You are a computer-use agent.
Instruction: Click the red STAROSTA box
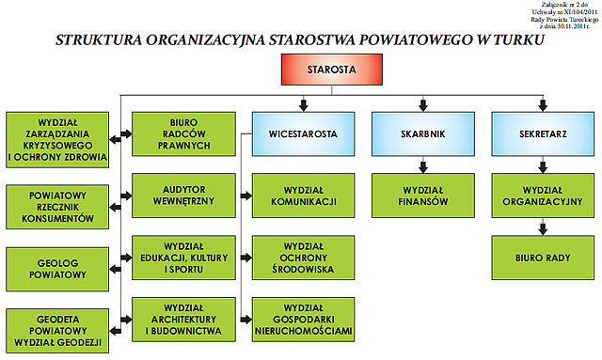point(332,70)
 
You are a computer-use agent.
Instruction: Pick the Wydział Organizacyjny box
point(541,196)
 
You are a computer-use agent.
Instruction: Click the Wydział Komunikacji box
point(304,196)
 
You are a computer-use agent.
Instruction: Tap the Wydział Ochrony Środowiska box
point(304,256)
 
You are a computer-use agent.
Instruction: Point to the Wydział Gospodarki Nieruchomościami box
point(304,319)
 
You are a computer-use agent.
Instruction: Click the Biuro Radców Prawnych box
point(182,133)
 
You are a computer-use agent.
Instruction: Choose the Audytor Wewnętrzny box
point(182,196)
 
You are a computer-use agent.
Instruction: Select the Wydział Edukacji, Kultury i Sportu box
point(182,256)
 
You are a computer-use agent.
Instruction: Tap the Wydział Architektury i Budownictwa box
point(182,319)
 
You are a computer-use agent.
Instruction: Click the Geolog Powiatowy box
point(55,268)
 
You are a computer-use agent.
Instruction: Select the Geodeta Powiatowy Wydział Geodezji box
point(55,331)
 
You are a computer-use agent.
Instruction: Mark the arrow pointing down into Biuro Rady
point(541,227)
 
